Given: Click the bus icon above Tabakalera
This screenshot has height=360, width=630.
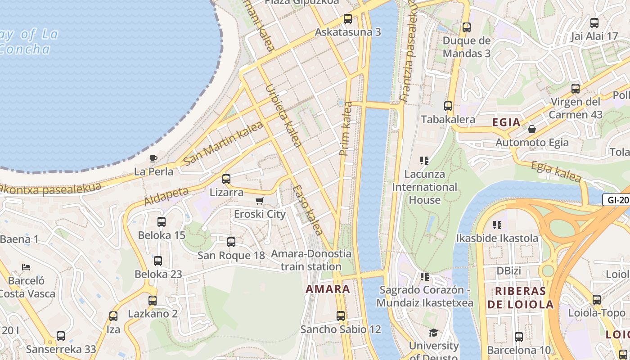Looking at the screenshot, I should (448, 106).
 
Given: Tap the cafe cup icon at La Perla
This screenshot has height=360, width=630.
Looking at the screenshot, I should (153, 158).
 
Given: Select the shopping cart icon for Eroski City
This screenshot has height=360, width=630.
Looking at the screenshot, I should (259, 201).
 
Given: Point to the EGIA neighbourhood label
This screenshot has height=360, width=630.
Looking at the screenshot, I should (506, 122).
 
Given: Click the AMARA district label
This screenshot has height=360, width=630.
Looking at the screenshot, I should (328, 289).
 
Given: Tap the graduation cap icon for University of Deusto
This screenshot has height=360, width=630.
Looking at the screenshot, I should (433, 333).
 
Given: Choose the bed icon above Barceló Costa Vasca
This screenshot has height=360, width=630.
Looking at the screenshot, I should (26, 267).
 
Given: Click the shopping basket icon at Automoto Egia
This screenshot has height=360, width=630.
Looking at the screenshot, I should (532, 130).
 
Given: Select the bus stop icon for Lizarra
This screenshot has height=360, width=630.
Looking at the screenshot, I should (226, 179).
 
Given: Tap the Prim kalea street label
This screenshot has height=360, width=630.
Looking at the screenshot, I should (346, 129).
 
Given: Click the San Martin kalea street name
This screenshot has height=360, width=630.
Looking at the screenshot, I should (224, 143).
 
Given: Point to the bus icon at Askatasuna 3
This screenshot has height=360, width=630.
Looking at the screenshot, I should (347, 19).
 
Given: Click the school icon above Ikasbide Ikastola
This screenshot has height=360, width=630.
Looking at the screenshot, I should (497, 225).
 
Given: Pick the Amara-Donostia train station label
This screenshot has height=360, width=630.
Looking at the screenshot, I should (311, 260).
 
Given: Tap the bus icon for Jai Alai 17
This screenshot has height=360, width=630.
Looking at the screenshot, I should (594, 23).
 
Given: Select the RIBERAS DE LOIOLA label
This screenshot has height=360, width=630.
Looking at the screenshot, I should (521, 297).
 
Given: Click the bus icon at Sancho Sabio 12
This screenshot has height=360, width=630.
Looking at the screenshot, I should (341, 316).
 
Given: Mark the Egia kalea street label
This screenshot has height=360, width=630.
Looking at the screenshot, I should (556, 171).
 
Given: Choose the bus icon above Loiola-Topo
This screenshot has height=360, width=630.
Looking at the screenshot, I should (597, 299).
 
